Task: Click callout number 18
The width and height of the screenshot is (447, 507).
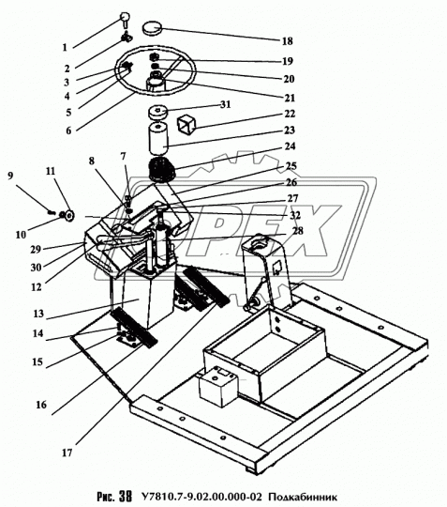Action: pos(288,41)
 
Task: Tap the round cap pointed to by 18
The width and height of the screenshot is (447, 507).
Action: pos(152,28)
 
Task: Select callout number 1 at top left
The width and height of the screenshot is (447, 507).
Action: pos(65,48)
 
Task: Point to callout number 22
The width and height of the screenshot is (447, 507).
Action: pos(290,114)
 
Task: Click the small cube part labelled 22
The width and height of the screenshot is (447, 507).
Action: pos(186,125)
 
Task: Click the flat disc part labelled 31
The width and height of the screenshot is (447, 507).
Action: pos(157,113)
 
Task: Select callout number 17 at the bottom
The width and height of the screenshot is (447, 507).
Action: pos(67,453)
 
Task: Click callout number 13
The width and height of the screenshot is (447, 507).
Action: pos(38,314)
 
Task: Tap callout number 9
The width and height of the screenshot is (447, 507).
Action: pos(10,176)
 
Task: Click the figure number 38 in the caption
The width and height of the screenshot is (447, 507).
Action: pos(126,497)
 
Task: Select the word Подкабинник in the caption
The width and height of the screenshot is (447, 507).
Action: pos(303,497)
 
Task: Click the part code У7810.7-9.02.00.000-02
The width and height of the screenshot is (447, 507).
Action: pos(201,497)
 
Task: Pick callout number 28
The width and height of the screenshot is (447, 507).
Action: pos(298,231)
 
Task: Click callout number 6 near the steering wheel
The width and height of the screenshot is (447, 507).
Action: pos(68,131)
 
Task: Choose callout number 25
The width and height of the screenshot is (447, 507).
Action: pos(291,166)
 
